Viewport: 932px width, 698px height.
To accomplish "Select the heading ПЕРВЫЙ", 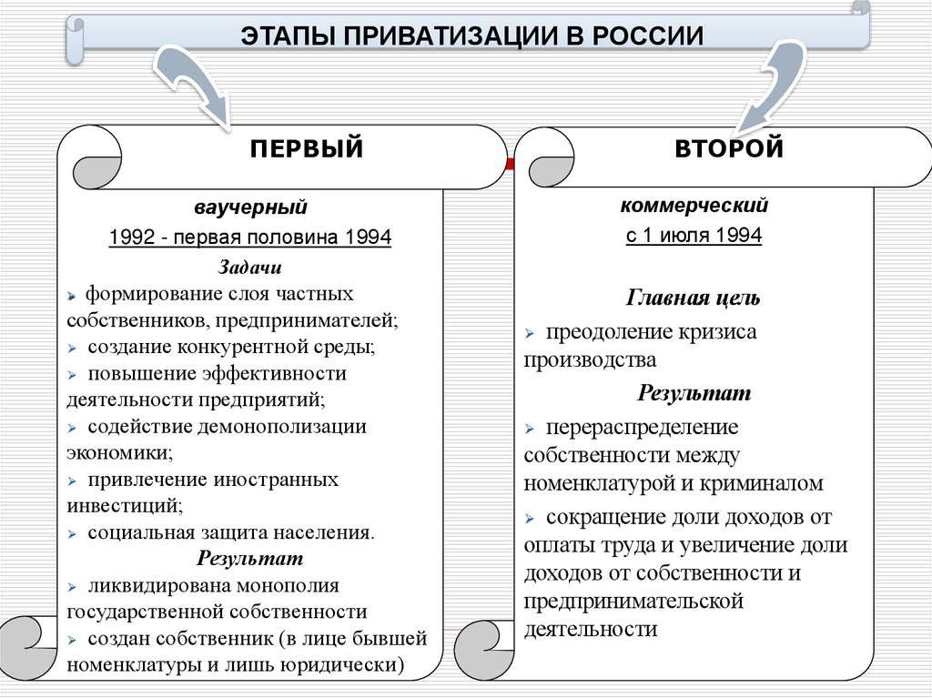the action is point(307,148).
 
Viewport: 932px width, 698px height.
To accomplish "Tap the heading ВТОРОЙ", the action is point(729,148).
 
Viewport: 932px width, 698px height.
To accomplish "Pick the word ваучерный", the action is point(249,208).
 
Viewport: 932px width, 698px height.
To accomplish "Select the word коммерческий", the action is point(694,206).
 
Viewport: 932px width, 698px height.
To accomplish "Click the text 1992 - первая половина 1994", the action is point(249,238).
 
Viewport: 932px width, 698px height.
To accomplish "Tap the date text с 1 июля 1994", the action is point(694,235).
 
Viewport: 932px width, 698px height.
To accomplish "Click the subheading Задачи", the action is point(249,268).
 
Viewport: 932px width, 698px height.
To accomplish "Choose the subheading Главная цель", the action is point(694,298).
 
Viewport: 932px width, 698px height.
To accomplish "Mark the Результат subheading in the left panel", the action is point(249,558).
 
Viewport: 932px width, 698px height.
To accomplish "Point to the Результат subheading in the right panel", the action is point(694,393).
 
